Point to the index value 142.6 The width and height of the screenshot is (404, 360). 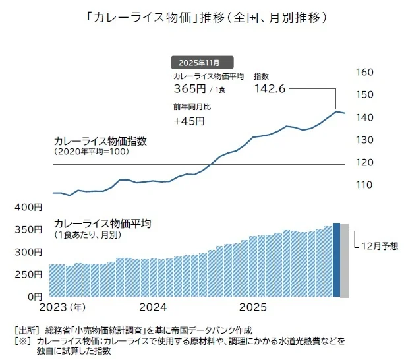pos(270,90)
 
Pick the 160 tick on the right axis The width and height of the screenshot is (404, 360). pos(364,73)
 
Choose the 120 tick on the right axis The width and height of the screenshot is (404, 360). pos(364,162)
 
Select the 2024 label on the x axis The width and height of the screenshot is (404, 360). pos(153,308)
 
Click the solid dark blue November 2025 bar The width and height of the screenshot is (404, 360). pos(336,260)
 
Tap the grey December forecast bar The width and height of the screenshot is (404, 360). pos(344,260)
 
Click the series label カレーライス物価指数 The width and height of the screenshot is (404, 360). pos(100,141)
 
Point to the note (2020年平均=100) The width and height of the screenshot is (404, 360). pos(92,152)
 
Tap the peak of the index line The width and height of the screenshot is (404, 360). pos(337,111)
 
